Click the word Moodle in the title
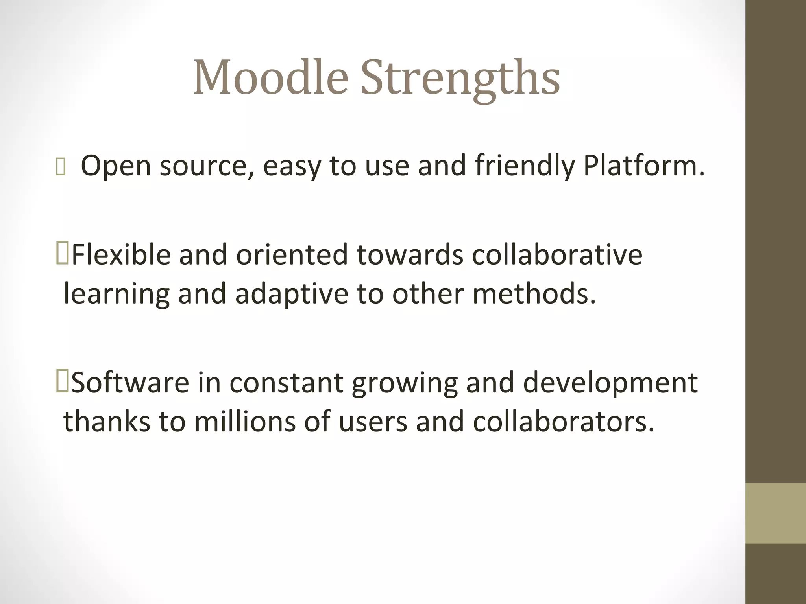tap(271, 77)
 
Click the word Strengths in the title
tap(460, 78)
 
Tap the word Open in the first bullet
tap(116, 166)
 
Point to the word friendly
tap(525, 166)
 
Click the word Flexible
tap(121, 254)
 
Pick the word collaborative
tap(556, 254)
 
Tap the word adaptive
tap(291, 294)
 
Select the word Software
tap(130, 383)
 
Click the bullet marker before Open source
tap(61, 167)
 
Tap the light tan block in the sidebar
tap(775, 513)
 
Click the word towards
tap(410, 254)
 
